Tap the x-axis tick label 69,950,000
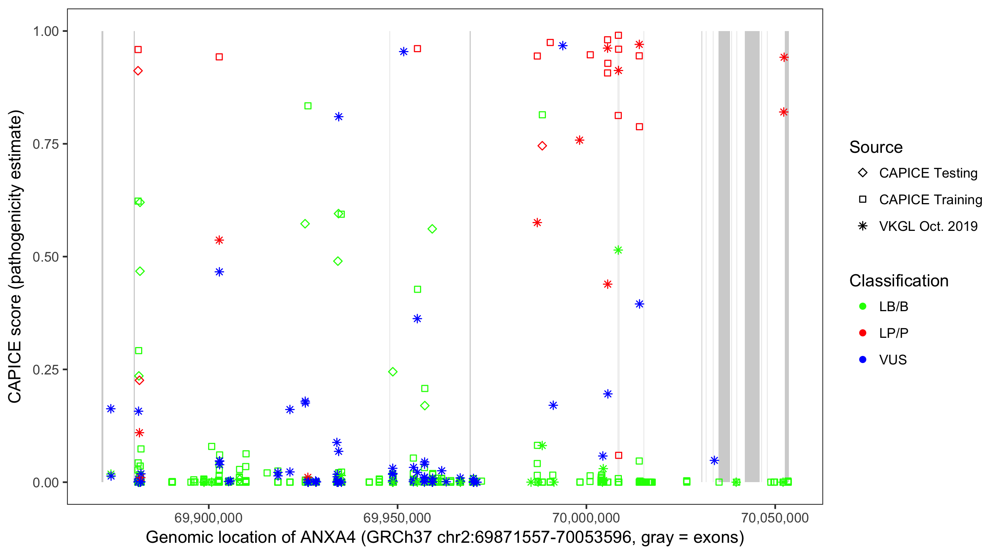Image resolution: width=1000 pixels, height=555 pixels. click(397, 517)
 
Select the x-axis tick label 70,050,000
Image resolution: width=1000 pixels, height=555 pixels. click(775, 517)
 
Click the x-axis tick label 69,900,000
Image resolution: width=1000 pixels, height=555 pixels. click(209, 517)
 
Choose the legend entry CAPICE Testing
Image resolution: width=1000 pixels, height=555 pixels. click(928, 173)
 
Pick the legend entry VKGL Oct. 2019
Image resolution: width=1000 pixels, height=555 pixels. click(928, 226)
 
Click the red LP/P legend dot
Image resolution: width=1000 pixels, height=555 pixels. click(863, 333)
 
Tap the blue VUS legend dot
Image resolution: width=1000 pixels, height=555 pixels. click(863, 360)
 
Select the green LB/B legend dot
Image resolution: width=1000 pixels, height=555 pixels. click(863, 306)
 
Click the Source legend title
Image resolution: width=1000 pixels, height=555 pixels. click(876, 147)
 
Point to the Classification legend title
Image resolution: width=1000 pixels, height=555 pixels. click(899, 281)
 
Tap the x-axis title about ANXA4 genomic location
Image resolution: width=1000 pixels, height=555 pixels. click(445, 537)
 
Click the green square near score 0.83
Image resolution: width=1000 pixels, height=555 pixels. click(308, 106)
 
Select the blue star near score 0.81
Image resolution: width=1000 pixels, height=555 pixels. click(339, 117)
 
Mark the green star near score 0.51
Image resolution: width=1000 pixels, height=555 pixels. click(618, 250)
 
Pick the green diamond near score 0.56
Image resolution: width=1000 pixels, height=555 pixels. click(432, 229)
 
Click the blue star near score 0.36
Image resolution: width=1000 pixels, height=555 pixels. click(417, 319)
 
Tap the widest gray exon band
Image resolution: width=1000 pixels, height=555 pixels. click(752, 256)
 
